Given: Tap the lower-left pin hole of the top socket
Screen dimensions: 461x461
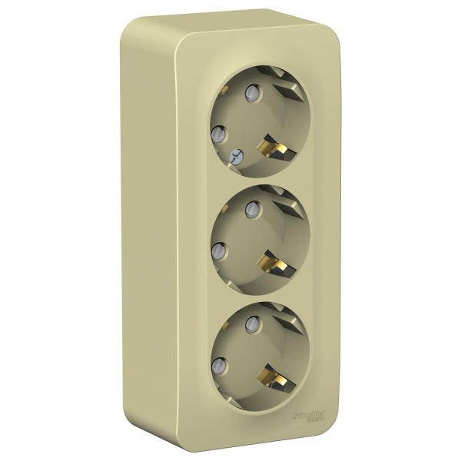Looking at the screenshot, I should pos(217,132).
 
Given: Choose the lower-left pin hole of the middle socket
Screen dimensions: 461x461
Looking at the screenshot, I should pos(217,249).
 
